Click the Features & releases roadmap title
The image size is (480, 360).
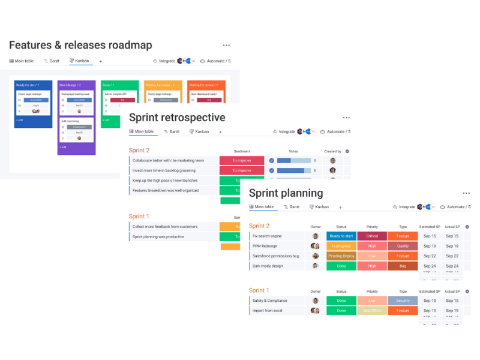click(x=80, y=46)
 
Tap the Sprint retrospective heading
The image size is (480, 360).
click(x=177, y=118)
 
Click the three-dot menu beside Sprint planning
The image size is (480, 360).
click(x=466, y=193)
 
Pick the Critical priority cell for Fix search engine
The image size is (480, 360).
click(x=372, y=236)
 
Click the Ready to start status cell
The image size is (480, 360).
click(x=341, y=236)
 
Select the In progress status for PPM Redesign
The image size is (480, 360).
click(x=341, y=246)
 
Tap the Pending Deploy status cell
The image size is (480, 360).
click(x=341, y=256)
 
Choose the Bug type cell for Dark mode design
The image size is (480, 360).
click(x=403, y=266)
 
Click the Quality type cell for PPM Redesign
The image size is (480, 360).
click(x=403, y=246)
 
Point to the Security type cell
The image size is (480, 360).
click(x=403, y=301)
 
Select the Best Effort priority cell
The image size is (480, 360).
click(x=372, y=311)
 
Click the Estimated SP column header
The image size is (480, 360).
click(x=430, y=227)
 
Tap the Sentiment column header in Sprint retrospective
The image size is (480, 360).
click(x=241, y=151)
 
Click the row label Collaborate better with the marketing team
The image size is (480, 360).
click(x=168, y=160)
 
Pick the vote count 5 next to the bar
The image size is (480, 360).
click(x=314, y=170)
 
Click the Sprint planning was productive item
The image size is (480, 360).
click(x=158, y=236)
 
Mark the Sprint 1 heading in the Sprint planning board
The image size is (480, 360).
click(x=259, y=290)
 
